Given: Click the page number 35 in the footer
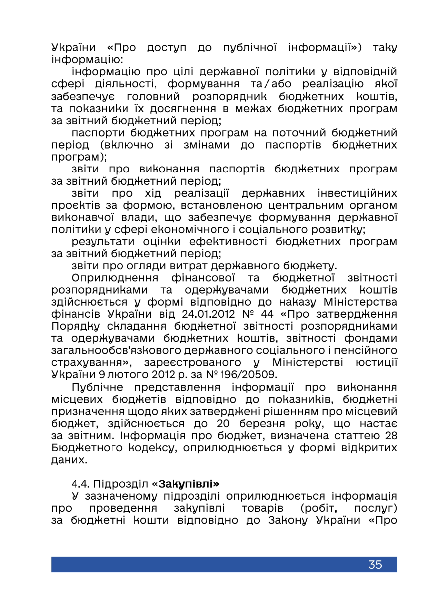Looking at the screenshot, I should click(x=375, y=564).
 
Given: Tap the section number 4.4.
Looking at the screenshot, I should click(x=81, y=484).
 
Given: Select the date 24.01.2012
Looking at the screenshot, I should click(x=208, y=314).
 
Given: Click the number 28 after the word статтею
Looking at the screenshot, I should click(x=391, y=435).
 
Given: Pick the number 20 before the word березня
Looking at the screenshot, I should click(x=223, y=423).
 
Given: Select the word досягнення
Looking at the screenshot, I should click(x=182, y=108).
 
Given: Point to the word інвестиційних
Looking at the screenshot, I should click(x=357, y=193).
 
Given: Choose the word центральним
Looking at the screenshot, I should click(x=306, y=205).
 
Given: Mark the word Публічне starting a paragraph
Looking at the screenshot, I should click(x=97, y=387).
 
